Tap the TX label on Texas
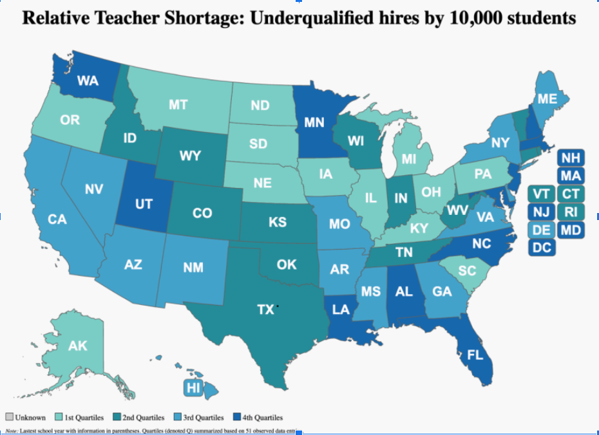click(265, 310)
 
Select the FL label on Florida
click(475, 353)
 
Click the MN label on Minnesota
click(314, 123)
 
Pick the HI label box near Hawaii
click(193, 387)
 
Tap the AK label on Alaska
click(77, 346)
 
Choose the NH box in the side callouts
click(570, 158)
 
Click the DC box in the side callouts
click(542, 248)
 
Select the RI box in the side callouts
click(570, 212)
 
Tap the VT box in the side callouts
click(542, 194)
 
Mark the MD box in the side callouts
click(570, 230)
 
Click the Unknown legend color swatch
click(9, 418)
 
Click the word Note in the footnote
click(12, 430)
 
